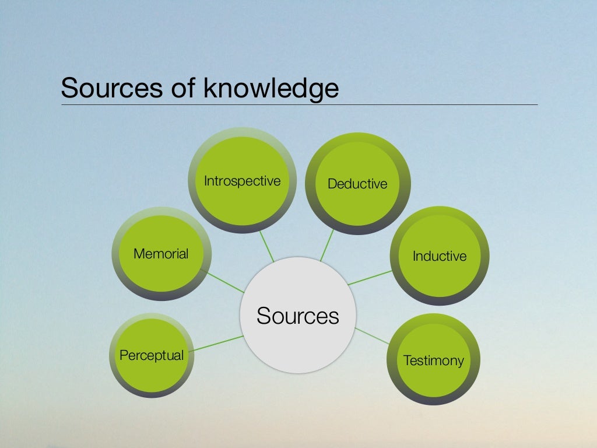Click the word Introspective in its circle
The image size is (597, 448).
click(x=242, y=181)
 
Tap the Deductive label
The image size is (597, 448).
click(x=357, y=184)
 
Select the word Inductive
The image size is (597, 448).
click(x=440, y=256)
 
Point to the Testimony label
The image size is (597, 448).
click(x=433, y=360)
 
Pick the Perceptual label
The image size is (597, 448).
click(x=152, y=355)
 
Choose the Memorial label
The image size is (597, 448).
click(x=161, y=254)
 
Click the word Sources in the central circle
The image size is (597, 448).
click(x=297, y=316)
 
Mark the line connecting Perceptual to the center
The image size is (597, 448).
click(x=217, y=343)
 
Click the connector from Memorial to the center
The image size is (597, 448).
click(x=222, y=281)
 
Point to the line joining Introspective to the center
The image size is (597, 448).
click(x=267, y=246)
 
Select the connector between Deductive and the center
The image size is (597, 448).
click(x=327, y=245)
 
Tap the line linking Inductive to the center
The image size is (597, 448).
click(x=371, y=277)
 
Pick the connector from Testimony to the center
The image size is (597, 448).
click(x=371, y=335)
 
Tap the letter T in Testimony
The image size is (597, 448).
click(x=406, y=360)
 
